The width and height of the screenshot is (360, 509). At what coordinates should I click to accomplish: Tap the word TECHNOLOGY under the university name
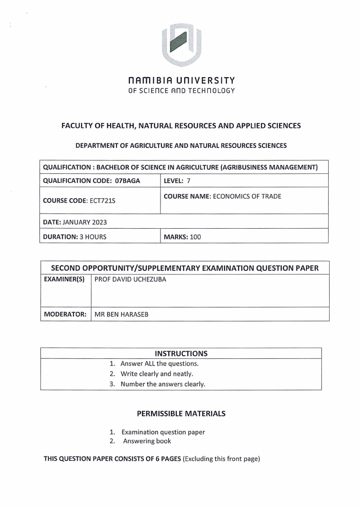coord(212,91)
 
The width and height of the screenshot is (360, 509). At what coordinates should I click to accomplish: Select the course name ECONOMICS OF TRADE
coord(249,196)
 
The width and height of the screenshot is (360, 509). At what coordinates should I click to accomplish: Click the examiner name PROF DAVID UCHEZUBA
coord(130,279)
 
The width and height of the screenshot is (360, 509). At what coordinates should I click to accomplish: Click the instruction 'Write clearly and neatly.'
coord(157,374)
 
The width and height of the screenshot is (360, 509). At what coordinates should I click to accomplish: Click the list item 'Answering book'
coord(147,441)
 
